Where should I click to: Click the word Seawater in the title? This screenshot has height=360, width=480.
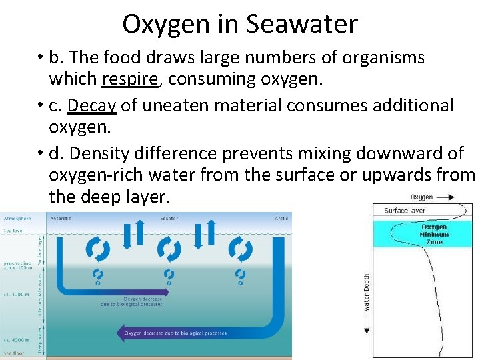point(302,24)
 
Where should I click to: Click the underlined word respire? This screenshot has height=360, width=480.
point(130,79)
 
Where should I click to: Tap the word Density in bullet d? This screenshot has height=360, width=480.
point(102,153)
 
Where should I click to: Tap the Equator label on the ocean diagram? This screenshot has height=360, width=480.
point(169,218)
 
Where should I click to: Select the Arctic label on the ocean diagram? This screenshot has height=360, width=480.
point(283,218)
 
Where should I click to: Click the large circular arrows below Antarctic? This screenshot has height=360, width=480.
point(98,249)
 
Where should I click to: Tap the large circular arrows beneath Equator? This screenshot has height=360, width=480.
point(169,249)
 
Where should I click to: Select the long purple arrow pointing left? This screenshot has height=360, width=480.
point(173,333)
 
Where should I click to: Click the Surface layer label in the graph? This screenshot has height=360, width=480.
point(405,211)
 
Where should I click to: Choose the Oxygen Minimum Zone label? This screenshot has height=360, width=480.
point(434,234)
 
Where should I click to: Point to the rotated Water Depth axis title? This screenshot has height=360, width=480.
point(367,292)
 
